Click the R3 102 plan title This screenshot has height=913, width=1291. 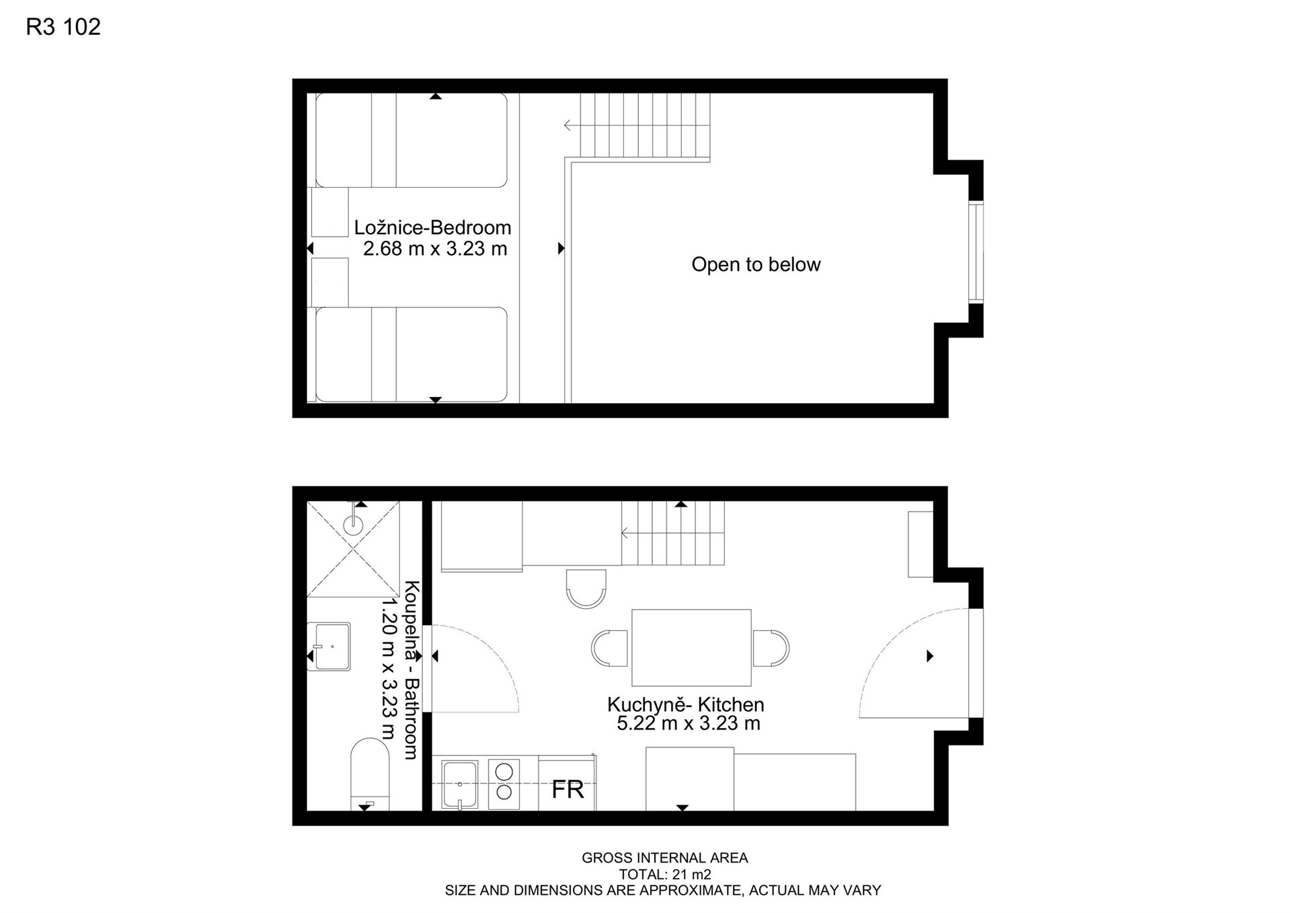pos(63,27)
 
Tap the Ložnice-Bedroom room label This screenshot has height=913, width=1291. pos(432,227)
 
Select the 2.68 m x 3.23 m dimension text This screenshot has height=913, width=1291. pos(435,249)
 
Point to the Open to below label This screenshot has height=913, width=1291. pos(756,264)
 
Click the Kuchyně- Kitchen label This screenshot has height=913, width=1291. pos(685,704)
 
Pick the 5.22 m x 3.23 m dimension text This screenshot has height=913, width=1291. pos(689,724)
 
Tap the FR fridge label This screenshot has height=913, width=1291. pos(568,789)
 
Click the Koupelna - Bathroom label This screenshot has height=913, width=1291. pos(412,670)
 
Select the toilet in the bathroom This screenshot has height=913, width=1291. pos(370,774)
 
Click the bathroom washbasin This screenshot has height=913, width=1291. pos(329,647)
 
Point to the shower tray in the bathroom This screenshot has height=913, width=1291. pos(353,549)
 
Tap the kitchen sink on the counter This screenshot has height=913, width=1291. pos(460,784)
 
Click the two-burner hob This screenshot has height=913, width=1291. pos(504,783)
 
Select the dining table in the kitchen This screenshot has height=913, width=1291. pos(691,647)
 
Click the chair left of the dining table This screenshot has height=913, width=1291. pos(610,648)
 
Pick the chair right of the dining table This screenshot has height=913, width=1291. pos(771,648)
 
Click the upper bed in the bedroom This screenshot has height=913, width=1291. pos(412,140)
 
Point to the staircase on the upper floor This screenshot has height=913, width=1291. pos(644,126)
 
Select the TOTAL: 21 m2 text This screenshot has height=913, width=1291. pos(664,874)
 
